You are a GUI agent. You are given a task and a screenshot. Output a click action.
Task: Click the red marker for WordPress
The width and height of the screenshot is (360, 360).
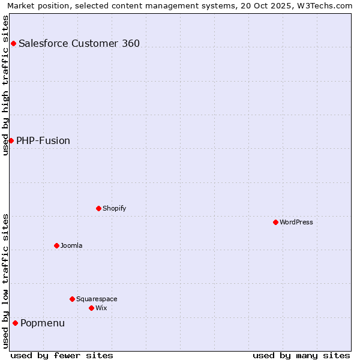[x=275, y=222]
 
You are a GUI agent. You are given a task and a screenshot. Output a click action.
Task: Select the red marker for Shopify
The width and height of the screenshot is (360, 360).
[x=98, y=208]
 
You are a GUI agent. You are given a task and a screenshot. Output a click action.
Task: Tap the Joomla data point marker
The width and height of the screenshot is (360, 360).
[x=56, y=245]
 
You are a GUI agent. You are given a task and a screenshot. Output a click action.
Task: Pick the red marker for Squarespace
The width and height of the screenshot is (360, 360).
[x=72, y=299]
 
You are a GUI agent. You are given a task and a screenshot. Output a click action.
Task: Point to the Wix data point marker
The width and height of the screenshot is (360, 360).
[x=91, y=308]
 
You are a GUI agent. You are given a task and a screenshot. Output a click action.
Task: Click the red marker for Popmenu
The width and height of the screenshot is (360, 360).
[x=15, y=323]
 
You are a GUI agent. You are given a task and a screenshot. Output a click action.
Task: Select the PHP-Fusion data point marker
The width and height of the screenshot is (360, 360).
[x=11, y=140]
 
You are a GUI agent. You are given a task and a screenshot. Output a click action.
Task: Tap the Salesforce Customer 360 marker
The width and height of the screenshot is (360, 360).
[x=13, y=43]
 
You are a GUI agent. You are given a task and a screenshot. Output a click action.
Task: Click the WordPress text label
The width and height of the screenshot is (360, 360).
[x=296, y=222]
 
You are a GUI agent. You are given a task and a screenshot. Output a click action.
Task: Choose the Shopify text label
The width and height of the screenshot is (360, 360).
[x=114, y=208]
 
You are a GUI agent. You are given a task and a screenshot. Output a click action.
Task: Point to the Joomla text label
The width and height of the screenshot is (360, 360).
[x=71, y=245]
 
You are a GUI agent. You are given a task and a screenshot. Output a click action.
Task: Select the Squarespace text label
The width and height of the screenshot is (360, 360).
[x=97, y=299]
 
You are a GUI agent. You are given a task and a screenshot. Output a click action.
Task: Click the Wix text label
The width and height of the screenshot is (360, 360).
[x=101, y=308]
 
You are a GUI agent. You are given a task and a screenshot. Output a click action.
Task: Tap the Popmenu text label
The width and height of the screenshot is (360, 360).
[x=43, y=323]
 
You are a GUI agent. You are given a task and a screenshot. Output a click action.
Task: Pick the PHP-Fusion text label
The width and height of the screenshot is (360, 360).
[x=43, y=140]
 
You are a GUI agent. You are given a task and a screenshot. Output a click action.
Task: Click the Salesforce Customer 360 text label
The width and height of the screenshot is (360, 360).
[x=79, y=43]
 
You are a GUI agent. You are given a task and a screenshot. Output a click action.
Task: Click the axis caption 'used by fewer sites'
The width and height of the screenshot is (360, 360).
[x=62, y=355]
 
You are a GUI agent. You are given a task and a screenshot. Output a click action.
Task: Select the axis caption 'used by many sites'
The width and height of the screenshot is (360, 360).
[x=301, y=355]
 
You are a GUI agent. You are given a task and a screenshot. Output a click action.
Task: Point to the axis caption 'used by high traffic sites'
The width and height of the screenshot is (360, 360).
[x=6, y=85]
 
